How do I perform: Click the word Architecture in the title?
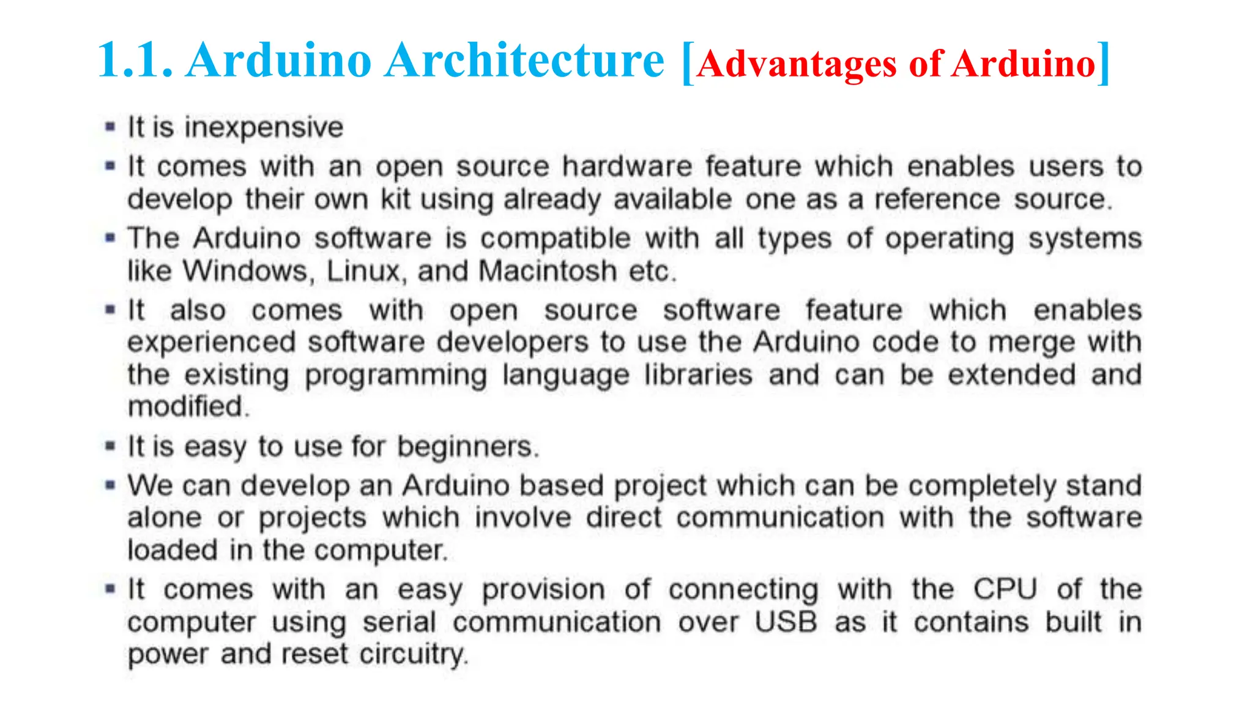524,61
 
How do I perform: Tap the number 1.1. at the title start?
135,61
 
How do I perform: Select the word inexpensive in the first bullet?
264,128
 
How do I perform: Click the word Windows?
248,271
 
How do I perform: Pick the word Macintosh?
548,271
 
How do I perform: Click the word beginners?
467,447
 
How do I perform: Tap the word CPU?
1005,589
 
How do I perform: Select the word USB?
786,622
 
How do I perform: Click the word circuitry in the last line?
413,654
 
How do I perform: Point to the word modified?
188,407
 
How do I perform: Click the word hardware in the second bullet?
627,166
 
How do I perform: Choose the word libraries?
698,375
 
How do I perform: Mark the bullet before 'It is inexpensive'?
110,127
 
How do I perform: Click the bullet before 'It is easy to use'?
110,446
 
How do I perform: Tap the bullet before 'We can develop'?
110,486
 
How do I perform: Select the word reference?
937,200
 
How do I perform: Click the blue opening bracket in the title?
687,62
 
